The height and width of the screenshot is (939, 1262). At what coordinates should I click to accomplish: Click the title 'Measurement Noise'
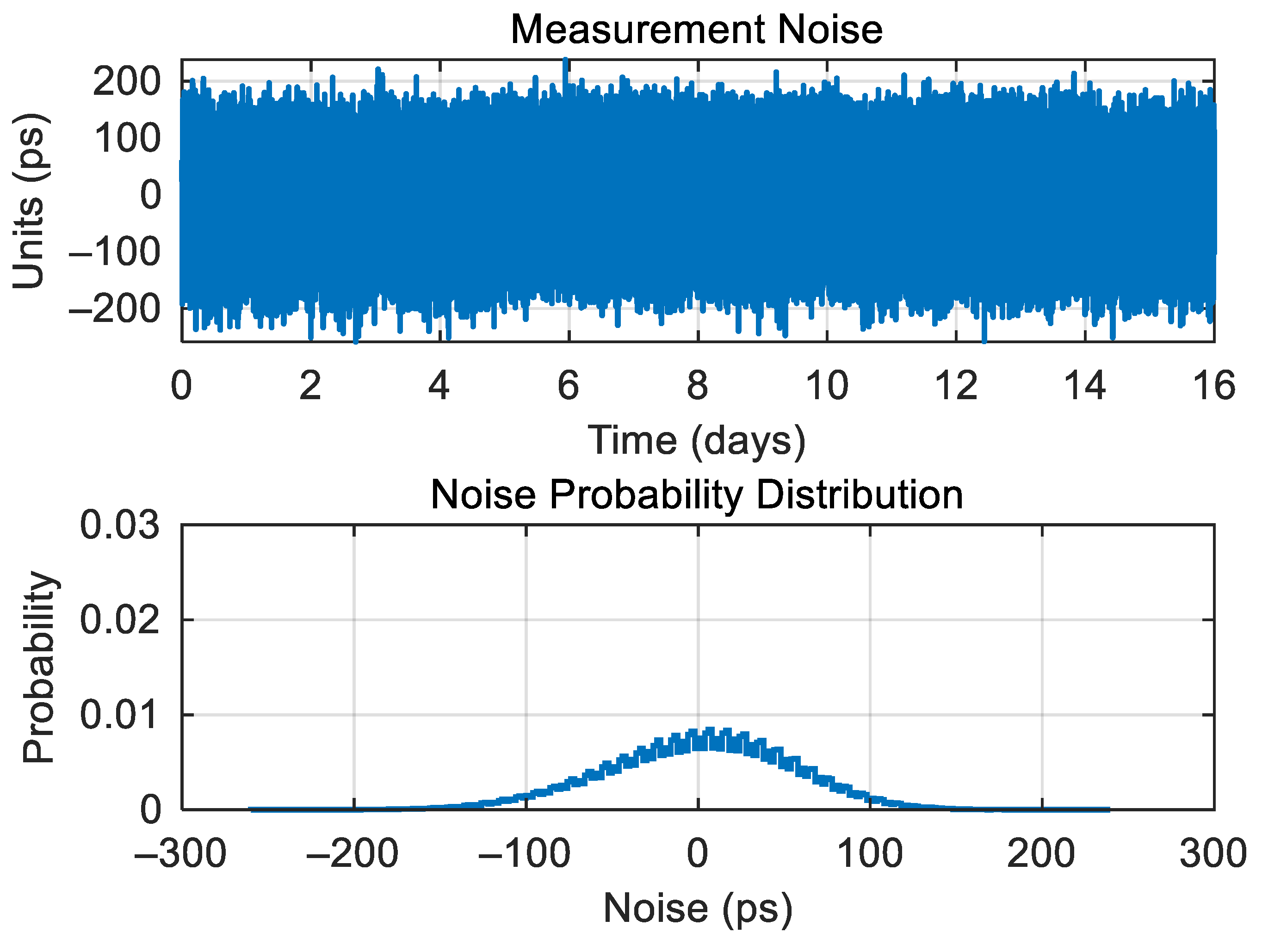point(696,30)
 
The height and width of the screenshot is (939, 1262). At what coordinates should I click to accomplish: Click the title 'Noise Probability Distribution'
point(696,494)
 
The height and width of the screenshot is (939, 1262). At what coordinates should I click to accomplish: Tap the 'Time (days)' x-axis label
point(696,440)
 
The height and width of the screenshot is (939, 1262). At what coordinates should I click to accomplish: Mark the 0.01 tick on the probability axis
point(119,715)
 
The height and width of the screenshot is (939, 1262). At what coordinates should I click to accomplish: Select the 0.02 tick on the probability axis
point(119,620)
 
